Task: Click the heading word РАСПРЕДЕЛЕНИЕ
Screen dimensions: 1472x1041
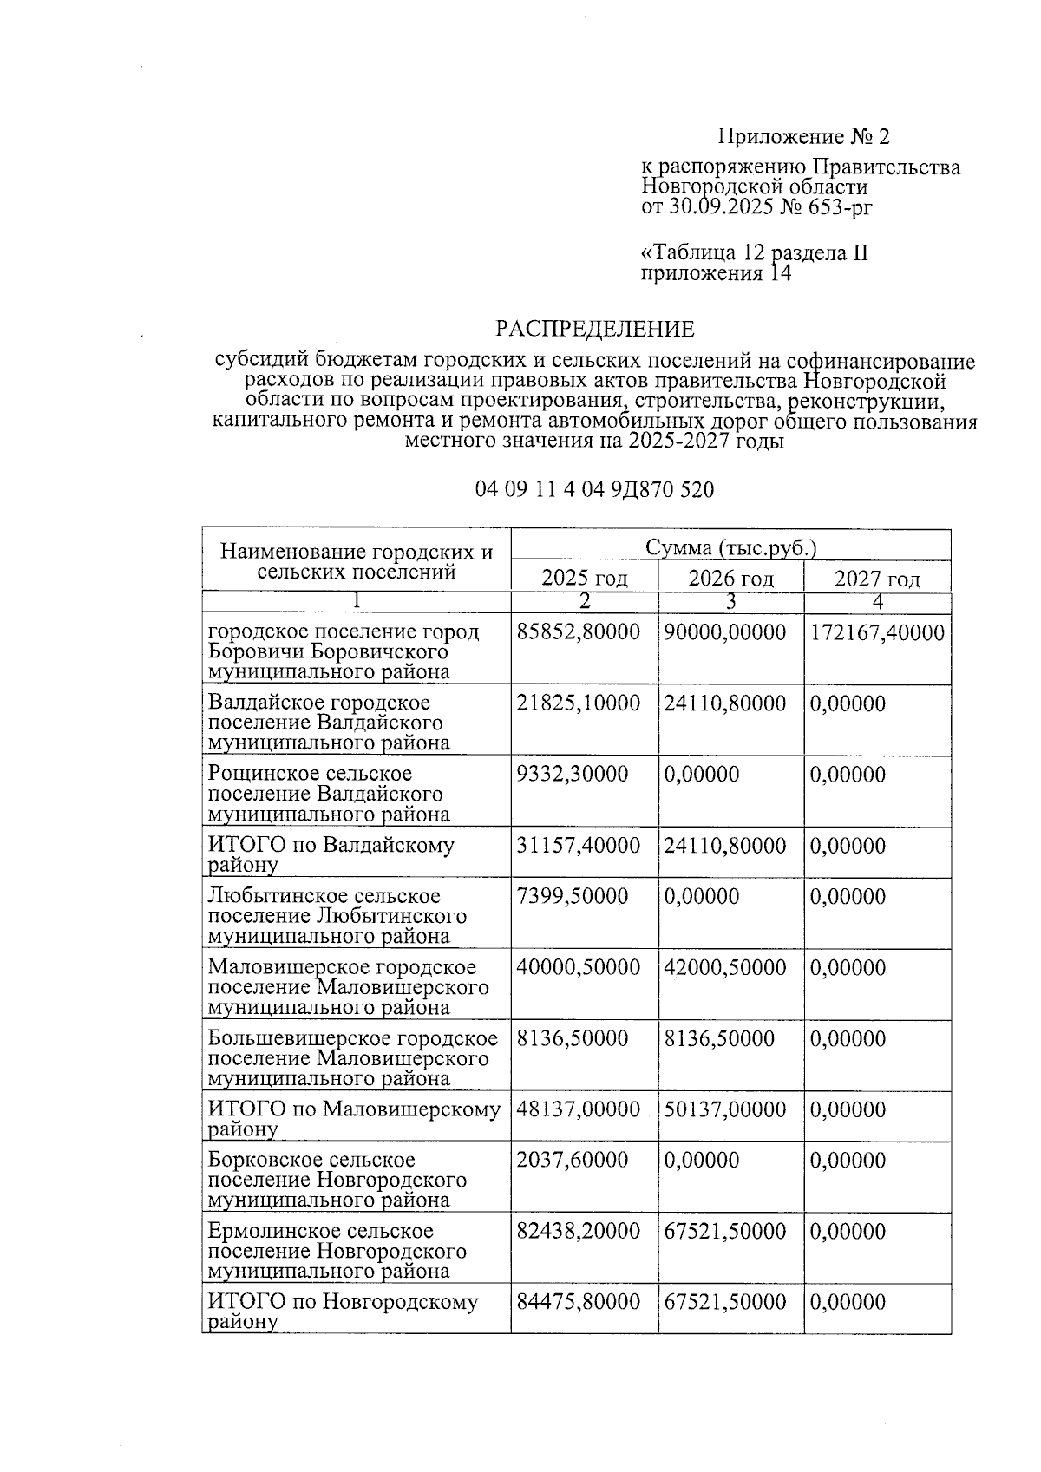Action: [594, 330]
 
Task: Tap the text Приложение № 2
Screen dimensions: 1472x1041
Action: [803, 137]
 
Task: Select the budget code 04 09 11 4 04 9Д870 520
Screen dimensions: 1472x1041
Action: [594, 490]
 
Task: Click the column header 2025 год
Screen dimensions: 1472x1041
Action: [584, 579]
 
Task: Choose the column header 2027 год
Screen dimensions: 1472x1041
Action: [876, 579]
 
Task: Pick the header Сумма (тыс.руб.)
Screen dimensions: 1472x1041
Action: [730, 548]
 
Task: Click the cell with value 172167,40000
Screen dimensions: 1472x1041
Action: [877, 632]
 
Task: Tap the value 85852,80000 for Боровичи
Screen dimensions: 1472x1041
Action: [579, 632]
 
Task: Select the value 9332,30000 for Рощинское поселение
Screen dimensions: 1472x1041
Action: [572, 774]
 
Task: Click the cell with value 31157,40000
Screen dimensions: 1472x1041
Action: [579, 845]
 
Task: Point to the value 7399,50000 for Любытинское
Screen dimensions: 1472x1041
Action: [572, 895]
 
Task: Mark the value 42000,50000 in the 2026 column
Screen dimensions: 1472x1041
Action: [725, 967]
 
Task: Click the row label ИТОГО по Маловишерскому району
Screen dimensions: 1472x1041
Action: [354, 1118]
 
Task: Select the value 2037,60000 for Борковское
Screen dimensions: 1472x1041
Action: [572, 1160]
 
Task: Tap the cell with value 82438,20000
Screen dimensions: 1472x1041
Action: [579, 1231]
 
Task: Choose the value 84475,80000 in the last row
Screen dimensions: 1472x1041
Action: [579, 1302]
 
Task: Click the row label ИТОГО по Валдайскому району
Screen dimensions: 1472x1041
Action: [331, 854]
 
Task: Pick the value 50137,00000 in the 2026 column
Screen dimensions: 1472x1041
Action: [725, 1109]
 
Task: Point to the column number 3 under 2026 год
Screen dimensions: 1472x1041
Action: [730, 602]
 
